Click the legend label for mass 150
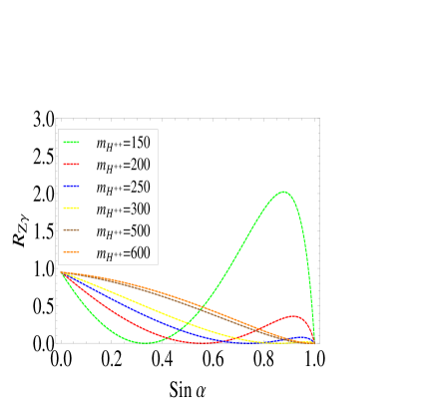coord(123,144)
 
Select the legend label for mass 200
coord(123,166)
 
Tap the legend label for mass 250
coord(123,188)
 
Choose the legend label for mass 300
coord(123,209)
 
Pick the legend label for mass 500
coord(123,231)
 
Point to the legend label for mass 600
coord(123,253)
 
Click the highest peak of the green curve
coord(284,192)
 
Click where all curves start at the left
coord(61,271)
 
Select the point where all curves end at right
coord(314,342)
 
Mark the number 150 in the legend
coord(141,144)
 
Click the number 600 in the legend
coord(141,253)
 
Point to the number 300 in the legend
coord(141,209)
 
